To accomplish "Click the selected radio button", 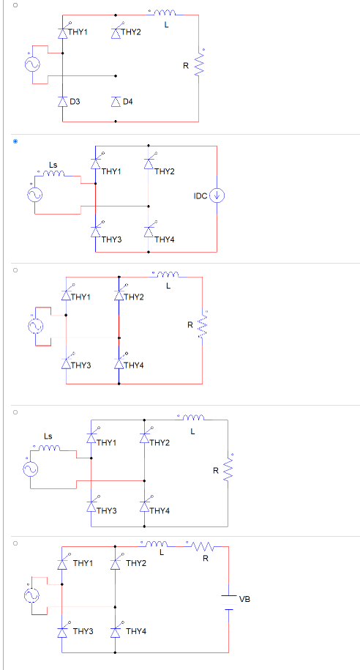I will click(14, 140).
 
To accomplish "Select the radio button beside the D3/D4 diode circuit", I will click(14, 6).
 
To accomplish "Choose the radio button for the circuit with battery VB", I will click(14, 543).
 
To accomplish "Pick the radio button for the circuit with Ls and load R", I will click(14, 412).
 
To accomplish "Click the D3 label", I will click(75, 100).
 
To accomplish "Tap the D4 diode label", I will click(128, 100).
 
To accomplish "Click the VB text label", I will click(244, 599).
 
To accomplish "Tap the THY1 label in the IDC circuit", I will click(111, 171).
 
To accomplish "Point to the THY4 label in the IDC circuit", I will click(165, 239).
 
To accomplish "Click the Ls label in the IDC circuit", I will click(53, 163).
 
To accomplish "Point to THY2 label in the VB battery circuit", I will click(136, 564).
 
